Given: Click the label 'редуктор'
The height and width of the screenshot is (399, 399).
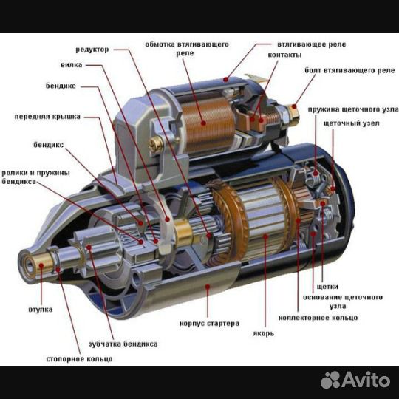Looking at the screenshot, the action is tap(92, 50).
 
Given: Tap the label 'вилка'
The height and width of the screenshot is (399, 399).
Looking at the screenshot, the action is tap(71, 65).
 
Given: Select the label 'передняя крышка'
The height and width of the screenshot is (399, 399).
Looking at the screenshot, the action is tap(47, 117).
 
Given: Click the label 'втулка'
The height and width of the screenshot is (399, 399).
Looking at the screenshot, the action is tap(41, 310).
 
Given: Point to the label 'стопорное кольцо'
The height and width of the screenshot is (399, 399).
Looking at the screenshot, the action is tap(79, 359).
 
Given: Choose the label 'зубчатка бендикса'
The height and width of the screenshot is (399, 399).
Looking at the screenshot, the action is tap(123, 344).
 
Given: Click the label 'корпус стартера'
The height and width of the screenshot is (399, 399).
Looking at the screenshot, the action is tap(209, 324).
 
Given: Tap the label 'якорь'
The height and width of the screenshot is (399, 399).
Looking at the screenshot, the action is tap(263, 333).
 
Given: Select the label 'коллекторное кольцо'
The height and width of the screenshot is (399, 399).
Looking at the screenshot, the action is tap(318, 318).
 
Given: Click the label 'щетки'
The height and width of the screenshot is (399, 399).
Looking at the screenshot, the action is tap(327, 287).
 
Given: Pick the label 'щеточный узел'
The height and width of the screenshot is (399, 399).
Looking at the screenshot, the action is tap(352, 123).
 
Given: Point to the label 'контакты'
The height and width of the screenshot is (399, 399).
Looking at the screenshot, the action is tap(284, 55).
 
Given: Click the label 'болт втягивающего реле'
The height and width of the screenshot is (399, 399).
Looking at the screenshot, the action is tap(350, 70).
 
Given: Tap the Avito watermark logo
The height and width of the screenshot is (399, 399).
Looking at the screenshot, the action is tap(355, 380).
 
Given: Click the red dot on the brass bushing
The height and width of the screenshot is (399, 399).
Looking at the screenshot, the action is tap(41, 266).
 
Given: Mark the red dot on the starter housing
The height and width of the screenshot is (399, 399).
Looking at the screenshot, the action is tap(208, 287).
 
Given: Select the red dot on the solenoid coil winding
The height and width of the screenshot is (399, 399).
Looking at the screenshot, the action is tap(203, 123).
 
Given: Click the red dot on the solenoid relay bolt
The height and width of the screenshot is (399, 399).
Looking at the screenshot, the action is tap(294, 106).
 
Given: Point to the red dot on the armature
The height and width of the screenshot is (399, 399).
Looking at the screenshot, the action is tap(266, 237).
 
